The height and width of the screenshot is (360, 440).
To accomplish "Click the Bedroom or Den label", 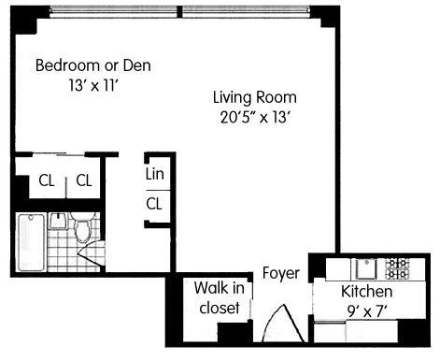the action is click(x=93, y=65).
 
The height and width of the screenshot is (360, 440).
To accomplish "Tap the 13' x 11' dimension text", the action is click(x=94, y=85).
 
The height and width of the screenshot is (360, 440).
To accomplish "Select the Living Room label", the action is click(x=255, y=97).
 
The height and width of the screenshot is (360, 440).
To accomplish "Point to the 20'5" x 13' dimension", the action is click(x=255, y=118).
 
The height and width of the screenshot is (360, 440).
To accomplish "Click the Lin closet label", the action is click(x=154, y=174).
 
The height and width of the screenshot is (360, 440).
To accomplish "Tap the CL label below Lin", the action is click(x=154, y=204).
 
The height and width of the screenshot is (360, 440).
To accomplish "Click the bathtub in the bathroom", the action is click(x=31, y=242).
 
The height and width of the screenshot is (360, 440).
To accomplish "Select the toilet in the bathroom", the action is click(x=82, y=227).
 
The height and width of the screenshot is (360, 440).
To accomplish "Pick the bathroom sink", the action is click(x=58, y=221).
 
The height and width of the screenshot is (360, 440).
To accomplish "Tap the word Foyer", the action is click(x=281, y=273).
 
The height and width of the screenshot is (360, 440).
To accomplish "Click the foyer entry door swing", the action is click(x=283, y=323).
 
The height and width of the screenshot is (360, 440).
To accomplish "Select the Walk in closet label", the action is click(x=220, y=297).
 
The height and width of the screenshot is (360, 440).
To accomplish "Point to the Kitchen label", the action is click(x=367, y=292).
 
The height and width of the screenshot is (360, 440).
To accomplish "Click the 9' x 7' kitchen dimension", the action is click(x=367, y=310).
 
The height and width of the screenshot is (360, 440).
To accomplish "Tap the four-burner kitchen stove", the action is click(x=397, y=269).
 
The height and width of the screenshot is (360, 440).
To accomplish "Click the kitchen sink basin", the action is click(x=366, y=269).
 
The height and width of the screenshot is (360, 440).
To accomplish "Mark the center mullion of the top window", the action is click(x=179, y=12).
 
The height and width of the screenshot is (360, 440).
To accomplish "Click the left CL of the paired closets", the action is click(x=47, y=180).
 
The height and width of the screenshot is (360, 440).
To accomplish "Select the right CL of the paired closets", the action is click(x=84, y=180).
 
